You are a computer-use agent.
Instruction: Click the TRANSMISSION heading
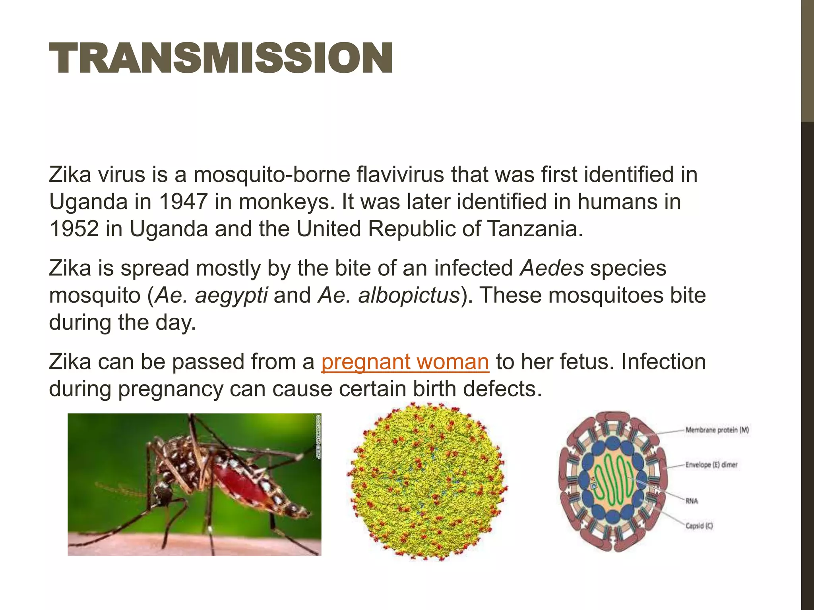click(x=221, y=58)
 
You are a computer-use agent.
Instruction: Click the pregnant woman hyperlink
click(x=405, y=362)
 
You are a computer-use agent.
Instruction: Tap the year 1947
click(x=183, y=202)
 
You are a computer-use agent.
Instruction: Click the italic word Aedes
click(x=552, y=268)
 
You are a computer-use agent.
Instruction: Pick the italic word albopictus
click(x=408, y=295)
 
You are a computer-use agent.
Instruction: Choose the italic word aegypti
click(x=231, y=296)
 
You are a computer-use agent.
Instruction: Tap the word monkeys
click(x=284, y=202)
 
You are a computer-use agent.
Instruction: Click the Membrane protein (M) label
click(x=717, y=430)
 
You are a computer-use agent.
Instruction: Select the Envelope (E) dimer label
click(x=711, y=465)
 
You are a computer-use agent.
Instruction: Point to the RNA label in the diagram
click(x=692, y=501)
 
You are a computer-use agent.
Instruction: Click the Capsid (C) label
click(x=699, y=526)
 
